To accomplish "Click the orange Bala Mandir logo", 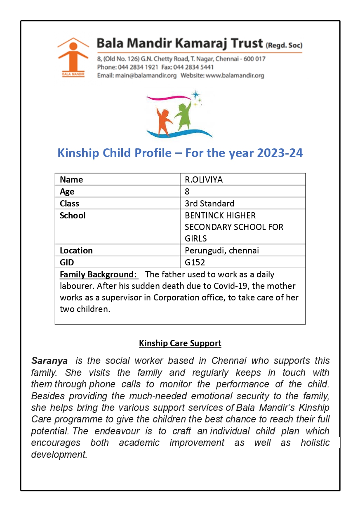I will tap(73, 57).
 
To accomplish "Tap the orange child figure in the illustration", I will tap(164, 120).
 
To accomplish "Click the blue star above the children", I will tap(195, 94).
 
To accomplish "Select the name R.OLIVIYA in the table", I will tap(204, 180).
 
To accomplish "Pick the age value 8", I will tap(187, 192).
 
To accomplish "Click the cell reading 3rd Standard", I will tap(209, 204).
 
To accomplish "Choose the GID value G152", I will tap(195, 263).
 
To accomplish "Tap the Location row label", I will tap(76, 251).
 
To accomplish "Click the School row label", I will tap(73, 216).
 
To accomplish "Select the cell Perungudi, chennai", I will tap(222, 251).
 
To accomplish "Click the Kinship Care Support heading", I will tap(180, 343).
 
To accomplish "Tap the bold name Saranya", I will tap(49, 361).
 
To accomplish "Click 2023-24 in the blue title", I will tap(280, 153).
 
